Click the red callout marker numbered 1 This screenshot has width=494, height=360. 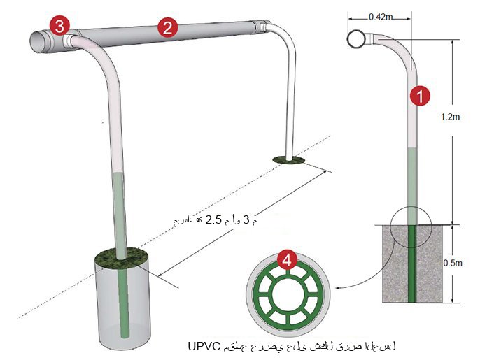tap(419, 96)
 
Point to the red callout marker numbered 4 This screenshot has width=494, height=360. tap(285, 260)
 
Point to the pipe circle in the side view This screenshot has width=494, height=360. tap(355, 40)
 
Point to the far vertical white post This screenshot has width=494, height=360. tap(287, 98)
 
